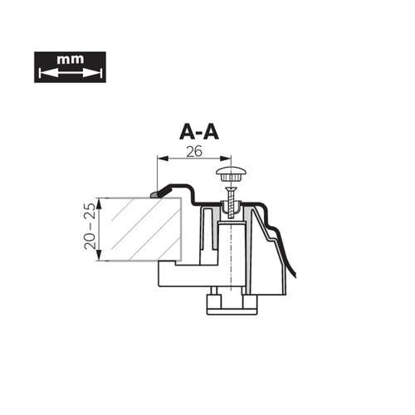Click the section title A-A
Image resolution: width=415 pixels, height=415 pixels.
coord(199,131)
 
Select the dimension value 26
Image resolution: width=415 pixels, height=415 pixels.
coord(194,151)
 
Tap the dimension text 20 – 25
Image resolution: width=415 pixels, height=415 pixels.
coord(90,226)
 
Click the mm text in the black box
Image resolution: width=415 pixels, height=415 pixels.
coord(71,59)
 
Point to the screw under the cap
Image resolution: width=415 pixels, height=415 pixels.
coord(230,203)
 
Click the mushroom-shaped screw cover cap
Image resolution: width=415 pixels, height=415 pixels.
coord(232,173)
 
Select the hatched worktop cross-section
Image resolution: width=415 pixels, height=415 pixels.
coord(144,229)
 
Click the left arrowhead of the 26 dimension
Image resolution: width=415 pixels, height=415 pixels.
coord(163,159)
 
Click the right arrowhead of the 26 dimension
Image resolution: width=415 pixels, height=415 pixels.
coord(225,159)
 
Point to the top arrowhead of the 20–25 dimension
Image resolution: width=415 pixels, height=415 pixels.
coord(100,203)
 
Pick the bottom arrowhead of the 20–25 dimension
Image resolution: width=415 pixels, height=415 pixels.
coord(100,255)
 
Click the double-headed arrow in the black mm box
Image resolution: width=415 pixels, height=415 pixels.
coord(71,73)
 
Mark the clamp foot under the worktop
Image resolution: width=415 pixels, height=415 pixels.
coord(194,274)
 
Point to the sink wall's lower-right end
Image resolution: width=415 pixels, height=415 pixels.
coord(295,276)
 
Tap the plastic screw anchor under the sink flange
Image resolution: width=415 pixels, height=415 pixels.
coord(230,209)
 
